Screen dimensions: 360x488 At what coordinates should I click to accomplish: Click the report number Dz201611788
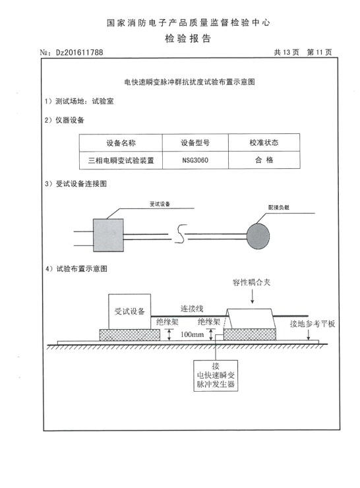pyautogui.click(x=79, y=52)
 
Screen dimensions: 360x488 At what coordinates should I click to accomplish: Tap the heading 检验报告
pyautogui.click(x=188, y=39)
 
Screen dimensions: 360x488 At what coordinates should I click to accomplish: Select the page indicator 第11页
pyautogui.click(x=319, y=52)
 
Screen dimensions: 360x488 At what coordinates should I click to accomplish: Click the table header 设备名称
pyautogui.click(x=121, y=143)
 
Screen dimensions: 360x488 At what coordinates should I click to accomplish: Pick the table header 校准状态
pyautogui.click(x=264, y=143)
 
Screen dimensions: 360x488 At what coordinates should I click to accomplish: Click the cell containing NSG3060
pyautogui.click(x=195, y=160)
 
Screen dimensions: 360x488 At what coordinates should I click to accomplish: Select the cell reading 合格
pyautogui.click(x=264, y=160)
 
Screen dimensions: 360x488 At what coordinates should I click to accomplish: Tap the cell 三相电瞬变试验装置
pyautogui.click(x=121, y=161)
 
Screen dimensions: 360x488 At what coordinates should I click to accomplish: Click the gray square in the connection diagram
pyautogui.click(x=108, y=235)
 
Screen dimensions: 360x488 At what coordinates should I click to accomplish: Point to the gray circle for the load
pyautogui.click(x=258, y=236)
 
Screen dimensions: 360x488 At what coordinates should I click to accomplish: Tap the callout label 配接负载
pyautogui.click(x=279, y=207)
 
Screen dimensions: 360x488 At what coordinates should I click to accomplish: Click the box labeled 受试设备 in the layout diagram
pyautogui.click(x=129, y=311)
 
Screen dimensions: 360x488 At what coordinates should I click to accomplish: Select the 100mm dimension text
pyautogui.click(x=192, y=334)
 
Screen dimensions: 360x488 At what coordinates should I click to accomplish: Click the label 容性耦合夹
pyautogui.click(x=251, y=283)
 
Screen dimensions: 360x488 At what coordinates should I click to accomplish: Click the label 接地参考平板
pyautogui.click(x=312, y=324)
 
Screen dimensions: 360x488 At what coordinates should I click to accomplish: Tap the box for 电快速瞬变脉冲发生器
pyautogui.click(x=216, y=376)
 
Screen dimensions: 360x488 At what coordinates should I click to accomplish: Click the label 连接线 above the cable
pyautogui.click(x=192, y=309)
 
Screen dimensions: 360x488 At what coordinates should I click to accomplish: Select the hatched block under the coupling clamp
pyautogui.click(x=249, y=334)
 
